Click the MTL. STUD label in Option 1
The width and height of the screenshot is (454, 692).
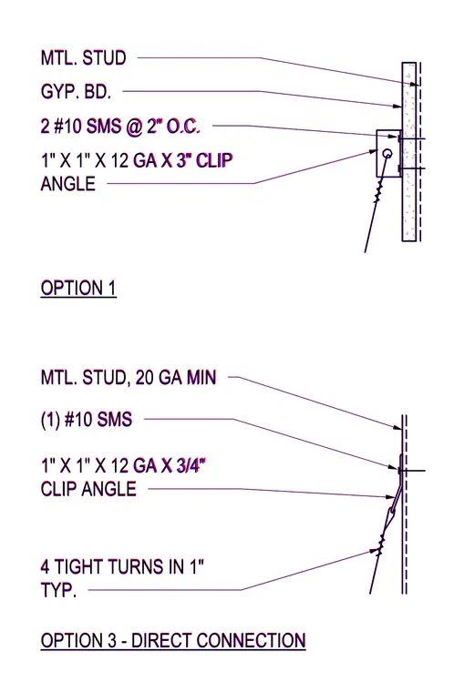pos(84,57)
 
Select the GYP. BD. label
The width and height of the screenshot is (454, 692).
pos(76,92)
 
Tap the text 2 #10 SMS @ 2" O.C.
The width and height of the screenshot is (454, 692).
pos(120,127)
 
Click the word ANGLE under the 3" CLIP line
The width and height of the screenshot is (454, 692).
pos(68,184)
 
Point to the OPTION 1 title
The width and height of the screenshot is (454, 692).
pos(78,289)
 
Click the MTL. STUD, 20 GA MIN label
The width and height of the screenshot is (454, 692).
pos(129,378)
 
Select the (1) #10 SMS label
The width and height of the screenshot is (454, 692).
pos(87,419)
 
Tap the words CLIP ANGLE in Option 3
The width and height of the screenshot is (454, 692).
pos(88,489)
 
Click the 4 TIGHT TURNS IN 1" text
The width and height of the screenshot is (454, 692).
pos(122,566)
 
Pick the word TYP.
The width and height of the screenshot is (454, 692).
pos(58,590)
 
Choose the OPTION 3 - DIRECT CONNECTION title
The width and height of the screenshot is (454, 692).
pos(173,641)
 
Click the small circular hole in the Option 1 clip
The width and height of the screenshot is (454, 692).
pos(387,154)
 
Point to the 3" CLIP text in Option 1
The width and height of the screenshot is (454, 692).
pos(205,160)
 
